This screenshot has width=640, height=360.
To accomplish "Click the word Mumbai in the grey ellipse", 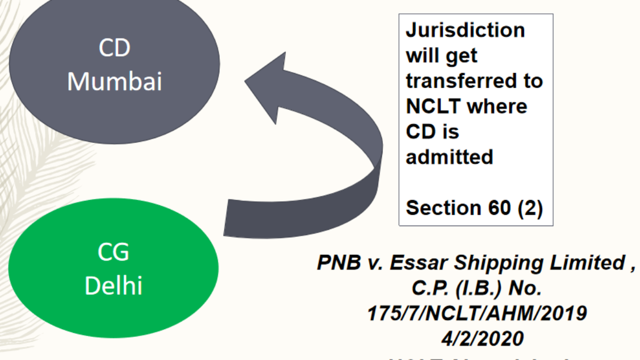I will [x=115, y=82].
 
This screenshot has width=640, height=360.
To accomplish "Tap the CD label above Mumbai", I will [x=115, y=49].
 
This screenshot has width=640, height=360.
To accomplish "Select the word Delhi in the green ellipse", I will [x=114, y=286].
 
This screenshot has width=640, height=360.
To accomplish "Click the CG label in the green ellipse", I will [x=114, y=252].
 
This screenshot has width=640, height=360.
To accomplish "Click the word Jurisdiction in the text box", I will [x=465, y=30].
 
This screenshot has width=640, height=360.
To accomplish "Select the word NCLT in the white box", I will [x=432, y=106].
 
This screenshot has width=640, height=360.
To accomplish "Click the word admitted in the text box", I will [x=449, y=157].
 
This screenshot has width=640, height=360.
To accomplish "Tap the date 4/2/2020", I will [x=477, y=339].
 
